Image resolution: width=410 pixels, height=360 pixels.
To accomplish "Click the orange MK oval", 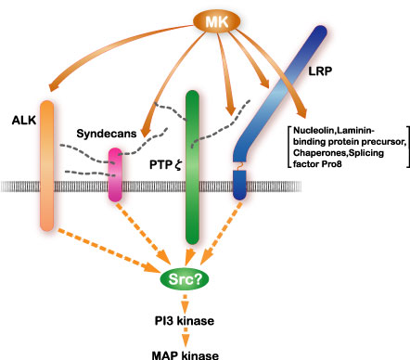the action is (217, 21).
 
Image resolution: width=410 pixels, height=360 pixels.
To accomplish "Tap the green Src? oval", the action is (185, 279).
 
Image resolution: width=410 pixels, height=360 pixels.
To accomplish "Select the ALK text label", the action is (24, 121).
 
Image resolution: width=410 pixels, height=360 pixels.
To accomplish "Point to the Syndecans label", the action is (107, 134).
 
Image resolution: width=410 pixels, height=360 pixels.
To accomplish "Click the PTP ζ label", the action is (165, 165).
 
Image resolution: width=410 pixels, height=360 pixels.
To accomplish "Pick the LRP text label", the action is (320, 71).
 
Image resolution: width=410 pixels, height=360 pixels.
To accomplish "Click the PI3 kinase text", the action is (185, 321).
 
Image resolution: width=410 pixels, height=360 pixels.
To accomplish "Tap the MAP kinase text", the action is (186, 355).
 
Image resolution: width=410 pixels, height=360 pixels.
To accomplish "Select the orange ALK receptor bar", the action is (47, 165).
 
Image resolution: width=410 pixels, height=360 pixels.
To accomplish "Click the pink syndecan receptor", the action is (115, 174).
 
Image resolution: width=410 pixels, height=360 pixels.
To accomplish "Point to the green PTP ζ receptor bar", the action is (192, 167).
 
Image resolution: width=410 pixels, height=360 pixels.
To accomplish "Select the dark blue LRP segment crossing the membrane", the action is (239, 185).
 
